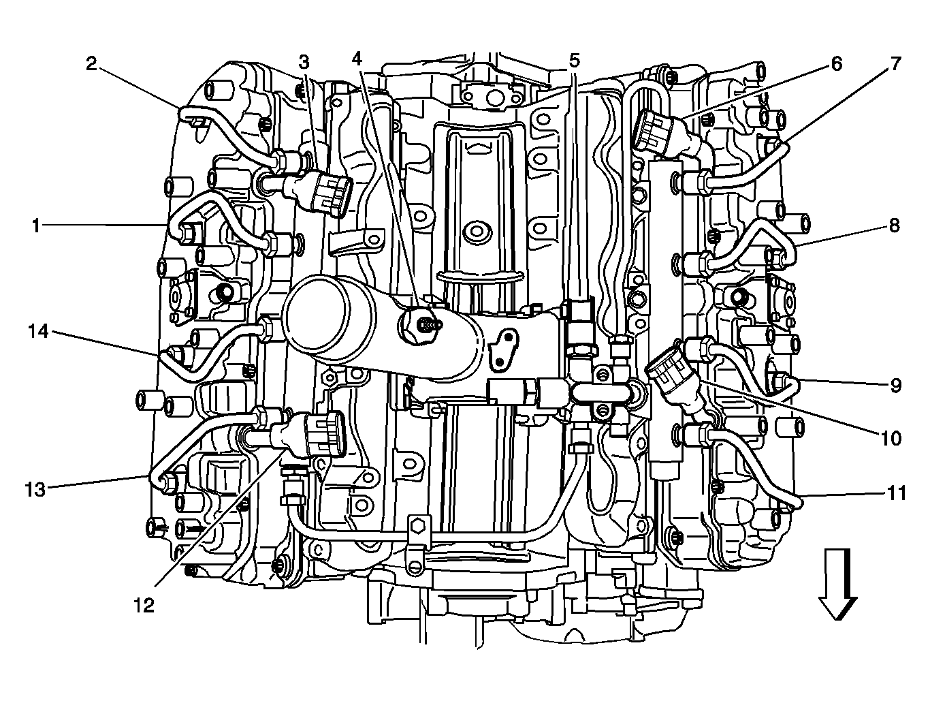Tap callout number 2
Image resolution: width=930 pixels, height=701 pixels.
coord(92,63)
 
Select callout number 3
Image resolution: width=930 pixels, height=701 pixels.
coord(304,61)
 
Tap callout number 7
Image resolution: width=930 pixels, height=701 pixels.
coord(895,64)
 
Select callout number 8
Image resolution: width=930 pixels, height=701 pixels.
coord(895,225)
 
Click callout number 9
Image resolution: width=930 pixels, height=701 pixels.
coord(896,386)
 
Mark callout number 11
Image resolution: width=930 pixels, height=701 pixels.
coord(897,492)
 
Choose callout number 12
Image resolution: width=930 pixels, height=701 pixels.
coord(144,604)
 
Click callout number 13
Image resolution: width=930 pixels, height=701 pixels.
coord(35,488)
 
